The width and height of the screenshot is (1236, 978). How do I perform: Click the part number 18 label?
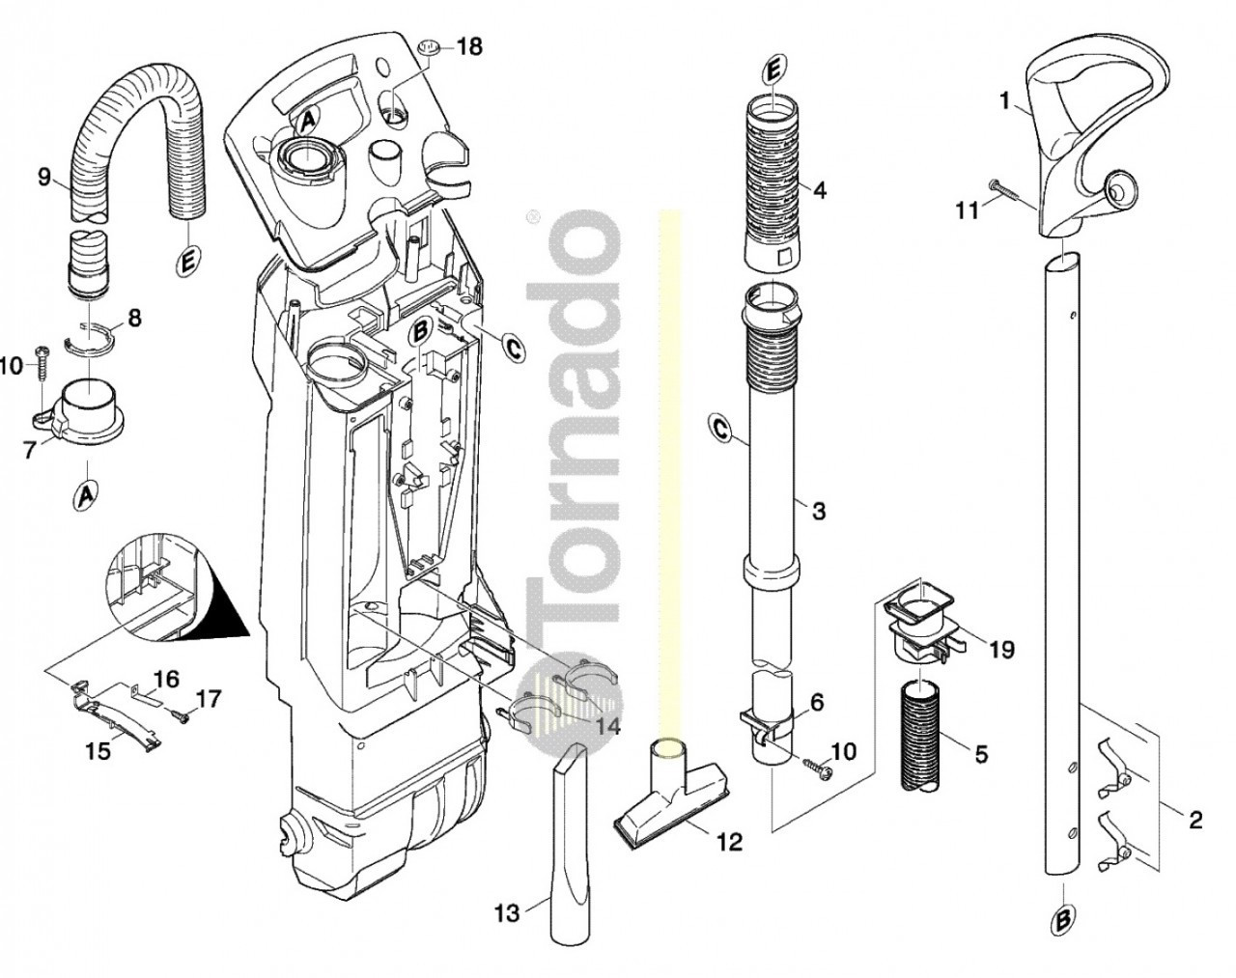click(469, 46)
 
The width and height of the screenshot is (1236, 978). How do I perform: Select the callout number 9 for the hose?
click(44, 177)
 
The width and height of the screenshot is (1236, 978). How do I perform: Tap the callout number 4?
click(820, 190)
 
